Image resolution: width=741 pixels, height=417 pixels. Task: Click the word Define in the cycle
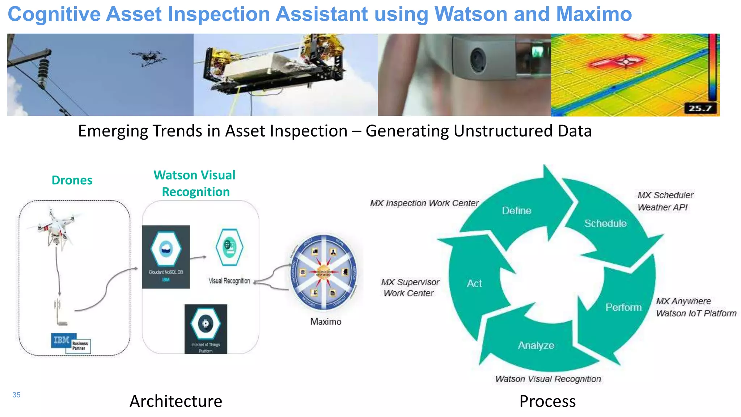point(516,211)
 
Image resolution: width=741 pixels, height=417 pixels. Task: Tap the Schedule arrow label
point(605,223)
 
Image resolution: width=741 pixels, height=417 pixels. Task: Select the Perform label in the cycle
point(623,307)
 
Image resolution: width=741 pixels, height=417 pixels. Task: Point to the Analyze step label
point(536,345)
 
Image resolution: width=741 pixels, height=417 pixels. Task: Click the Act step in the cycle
point(474,283)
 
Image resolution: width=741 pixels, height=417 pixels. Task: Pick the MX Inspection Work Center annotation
point(424,203)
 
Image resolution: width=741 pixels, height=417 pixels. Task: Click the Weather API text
point(662,207)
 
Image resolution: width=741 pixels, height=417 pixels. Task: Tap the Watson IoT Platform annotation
point(696,313)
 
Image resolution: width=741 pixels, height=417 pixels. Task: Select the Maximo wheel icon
point(325,272)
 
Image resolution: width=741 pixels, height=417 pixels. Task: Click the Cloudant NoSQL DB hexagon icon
point(166,249)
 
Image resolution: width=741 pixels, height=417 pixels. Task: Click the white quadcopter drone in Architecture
point(56,228)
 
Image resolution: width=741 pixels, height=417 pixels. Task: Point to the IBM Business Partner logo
point(71,343)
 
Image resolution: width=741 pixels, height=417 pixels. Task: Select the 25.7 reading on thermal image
point(700,108)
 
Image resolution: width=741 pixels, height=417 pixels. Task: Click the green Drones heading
point(72,180)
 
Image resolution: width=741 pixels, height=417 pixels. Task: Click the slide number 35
point(16,395)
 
